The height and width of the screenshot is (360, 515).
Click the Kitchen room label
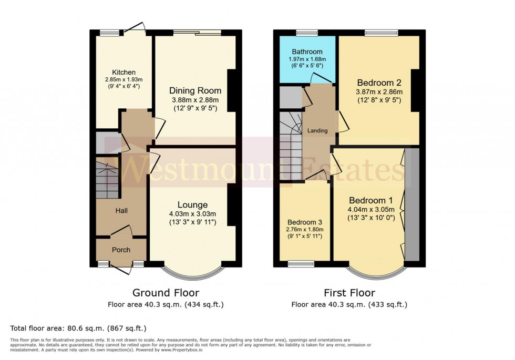[x=123, y=73]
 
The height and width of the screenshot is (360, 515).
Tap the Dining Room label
[x=195, y=90]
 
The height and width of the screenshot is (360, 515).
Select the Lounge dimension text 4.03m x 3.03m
[x=193, y=213]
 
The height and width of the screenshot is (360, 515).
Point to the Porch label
[x=121, y=250]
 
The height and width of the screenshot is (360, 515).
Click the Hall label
[x=121, y=210]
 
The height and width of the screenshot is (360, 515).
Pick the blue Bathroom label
[x=307, y=52]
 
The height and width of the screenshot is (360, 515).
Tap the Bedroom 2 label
[x=379, y=83]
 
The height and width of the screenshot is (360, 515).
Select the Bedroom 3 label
[x=305, y=221]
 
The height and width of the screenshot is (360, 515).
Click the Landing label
[x=317, y=131]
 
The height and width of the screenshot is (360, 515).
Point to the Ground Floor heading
[x=166, y=293]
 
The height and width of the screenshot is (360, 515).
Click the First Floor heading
[x=349, y=293]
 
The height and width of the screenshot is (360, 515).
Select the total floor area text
[x=78, y=328]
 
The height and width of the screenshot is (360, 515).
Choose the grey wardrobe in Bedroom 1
[x=413, y=204]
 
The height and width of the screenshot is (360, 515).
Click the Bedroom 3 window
[x=301, y=263]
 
